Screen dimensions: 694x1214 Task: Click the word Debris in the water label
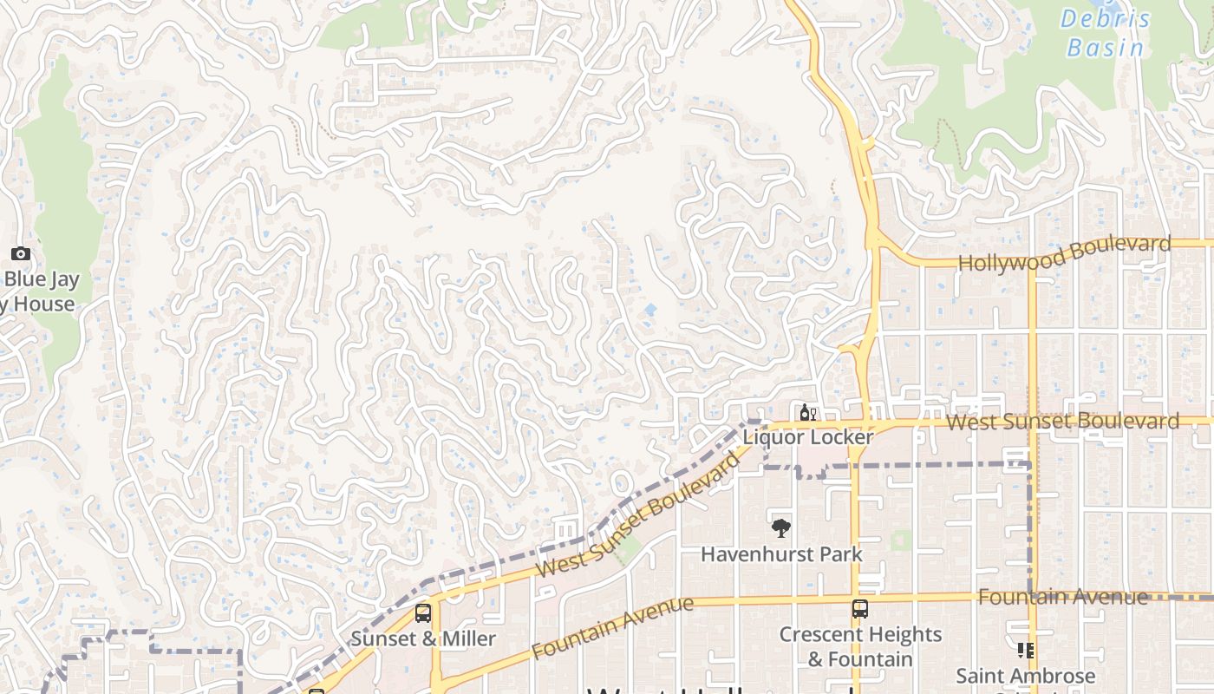pyautogui.click(x=1106, y=19)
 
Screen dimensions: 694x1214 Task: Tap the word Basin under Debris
pyautogui.click(x=1106, y=47)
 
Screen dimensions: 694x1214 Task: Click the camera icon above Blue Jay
pyautogui.click(x=21, y=254)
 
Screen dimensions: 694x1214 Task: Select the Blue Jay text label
pyautogui.click(x=42, y=279)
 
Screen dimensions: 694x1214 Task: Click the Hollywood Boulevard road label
pyautogui.click(x=1064, y=254)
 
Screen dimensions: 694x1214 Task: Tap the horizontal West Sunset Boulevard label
pyautogui.click(x=1062, y=422)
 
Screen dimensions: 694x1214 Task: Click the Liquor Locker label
pyautogui.click(x=807, y=437)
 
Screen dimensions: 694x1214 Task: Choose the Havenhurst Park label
pyautogui.click(x=781, y=553)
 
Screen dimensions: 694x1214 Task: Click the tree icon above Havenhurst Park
pyautogui.click(x=781, y=527)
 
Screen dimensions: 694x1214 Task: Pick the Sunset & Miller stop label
pyautogui.click(x=423, y=639)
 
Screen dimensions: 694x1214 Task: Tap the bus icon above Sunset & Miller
pyautogui.click(x=423, y=613)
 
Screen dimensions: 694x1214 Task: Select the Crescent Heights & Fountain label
pyautogui.click(x=860, y=646)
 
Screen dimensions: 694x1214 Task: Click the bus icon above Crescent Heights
pyautogui.click(x=859, y=609)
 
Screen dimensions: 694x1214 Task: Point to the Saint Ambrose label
pyautogui.click(x=1026, y=675)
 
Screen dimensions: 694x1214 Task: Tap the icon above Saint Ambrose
pyautogui.click(x=1026, y=651)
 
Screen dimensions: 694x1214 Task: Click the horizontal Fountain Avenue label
pyautogui.click(x=1063, y=597)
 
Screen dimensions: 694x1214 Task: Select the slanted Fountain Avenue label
pyautogui.click(x=613, y=627)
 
